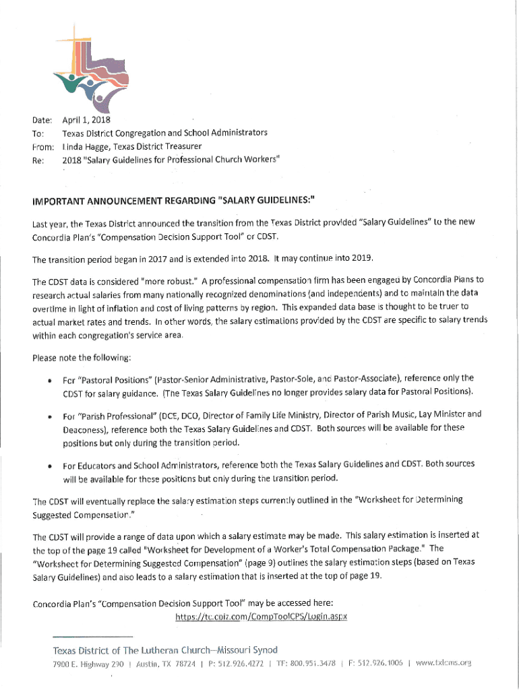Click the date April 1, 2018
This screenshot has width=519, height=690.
click(x=86, y=121)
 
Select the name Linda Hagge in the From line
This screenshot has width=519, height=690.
click(x=85, y=146)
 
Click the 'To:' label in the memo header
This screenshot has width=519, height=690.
click(x=38, y=133)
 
